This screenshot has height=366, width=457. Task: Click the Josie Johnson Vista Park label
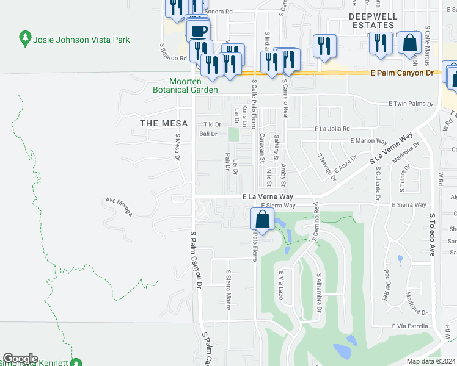point(86,40)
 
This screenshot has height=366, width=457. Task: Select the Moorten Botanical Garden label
point(194,85)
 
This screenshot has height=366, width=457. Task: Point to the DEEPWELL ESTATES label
point(371,20)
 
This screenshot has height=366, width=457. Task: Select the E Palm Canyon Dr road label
point(401,73)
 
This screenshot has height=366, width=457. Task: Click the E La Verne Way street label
point(268,197)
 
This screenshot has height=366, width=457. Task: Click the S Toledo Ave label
point(431,234)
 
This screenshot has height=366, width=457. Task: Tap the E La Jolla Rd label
point(332,129)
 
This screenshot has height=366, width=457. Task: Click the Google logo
point(20,359)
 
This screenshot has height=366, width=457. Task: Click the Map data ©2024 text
point(430,361)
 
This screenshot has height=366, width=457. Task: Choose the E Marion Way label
point(369,140)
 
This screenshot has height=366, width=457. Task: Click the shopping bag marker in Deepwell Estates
point(409,43)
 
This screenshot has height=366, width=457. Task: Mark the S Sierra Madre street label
point(228,290)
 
